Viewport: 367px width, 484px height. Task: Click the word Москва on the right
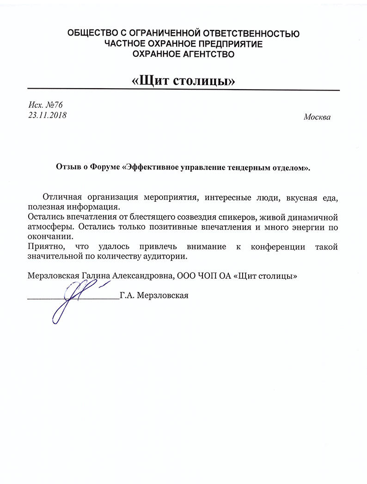[x=317, y=117]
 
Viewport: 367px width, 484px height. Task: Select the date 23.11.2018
[x=47, y=115]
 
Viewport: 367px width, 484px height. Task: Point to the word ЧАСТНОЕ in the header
[x=124, y=44]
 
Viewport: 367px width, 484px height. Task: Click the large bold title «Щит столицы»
[x=183, y=81]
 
